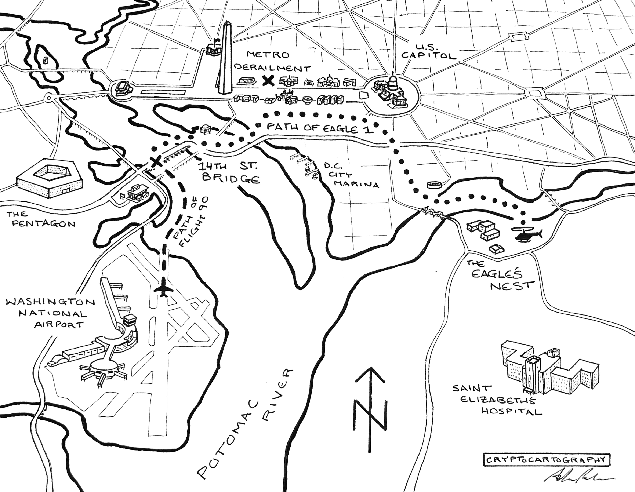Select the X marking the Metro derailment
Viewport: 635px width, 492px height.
pos(268,80)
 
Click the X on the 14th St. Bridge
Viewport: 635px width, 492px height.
pos(156,161)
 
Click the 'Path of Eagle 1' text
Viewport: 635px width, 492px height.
pos(320,128)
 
